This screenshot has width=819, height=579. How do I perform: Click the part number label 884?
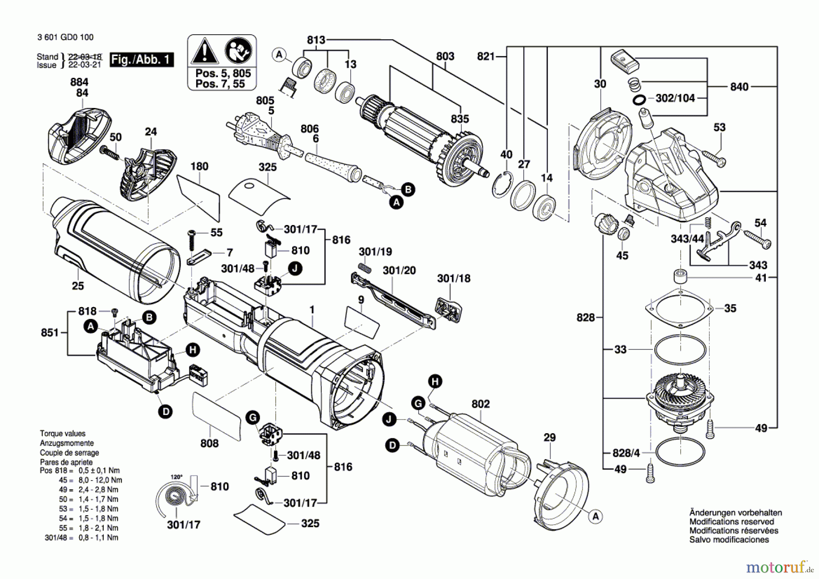point(79,82)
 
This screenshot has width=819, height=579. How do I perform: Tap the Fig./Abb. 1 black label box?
point(142,60)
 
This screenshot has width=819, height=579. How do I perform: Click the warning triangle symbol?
point(204,51)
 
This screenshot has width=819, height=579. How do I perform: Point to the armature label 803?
point(445,56)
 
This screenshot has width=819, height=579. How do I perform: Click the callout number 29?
point(550,438)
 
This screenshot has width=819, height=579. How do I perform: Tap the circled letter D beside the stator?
point(392,445)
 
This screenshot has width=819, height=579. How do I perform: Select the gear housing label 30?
point(600,84)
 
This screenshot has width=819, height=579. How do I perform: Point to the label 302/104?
point(675,98)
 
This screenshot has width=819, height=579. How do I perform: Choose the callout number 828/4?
point(626,453)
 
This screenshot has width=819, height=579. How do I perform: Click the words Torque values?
point(62,434)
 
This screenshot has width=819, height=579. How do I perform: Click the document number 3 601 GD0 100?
point(66,37)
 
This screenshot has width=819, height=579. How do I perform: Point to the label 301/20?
point(399,271)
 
